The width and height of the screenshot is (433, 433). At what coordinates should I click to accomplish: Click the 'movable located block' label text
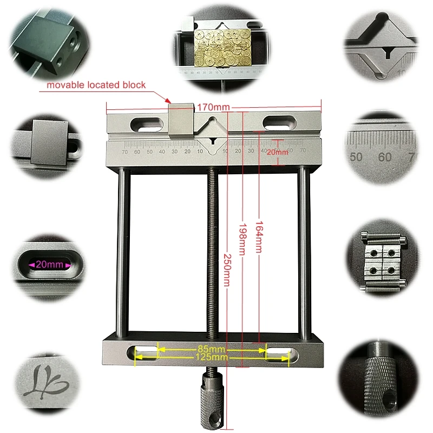coord(96,85)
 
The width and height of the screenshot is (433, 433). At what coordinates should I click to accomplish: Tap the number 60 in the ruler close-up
coord(385,157)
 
